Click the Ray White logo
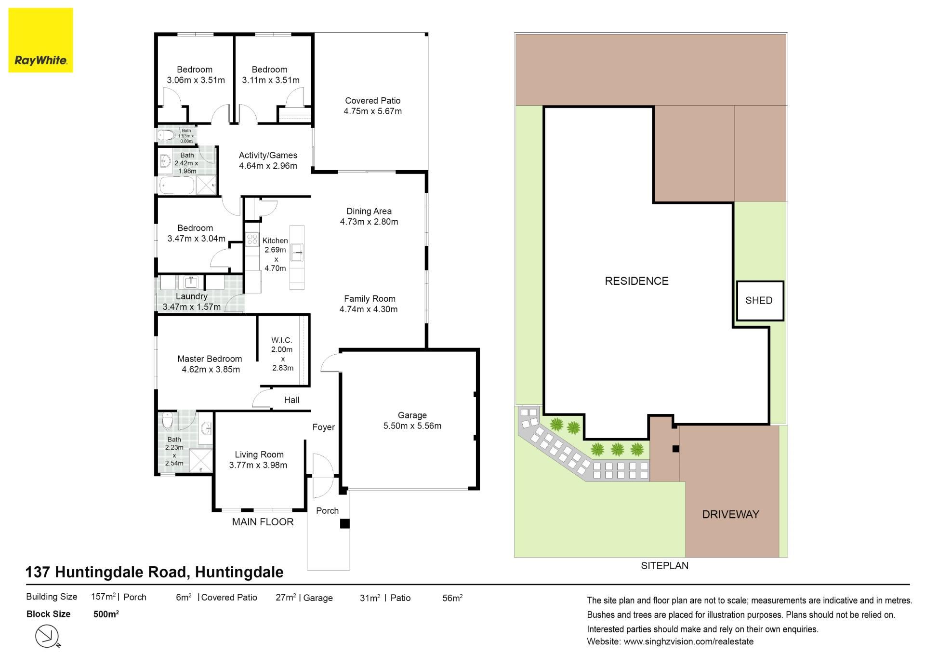pyautogui.click(x=40, y=40)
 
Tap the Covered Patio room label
pyautogui.click(x=373, y=101)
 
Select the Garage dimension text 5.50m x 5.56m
pyautogui.click(x=412, y=426)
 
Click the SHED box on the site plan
pyautogui.click(x=760, y=301)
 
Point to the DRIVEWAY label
pyautogui.click(x=730, y=514)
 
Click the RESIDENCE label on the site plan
pyautogui.click(x=636, y=281)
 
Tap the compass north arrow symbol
pyautogui.click(x=48, y=636)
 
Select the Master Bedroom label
pyautogui.click(x=210, y=359)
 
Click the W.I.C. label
pyautogui.click(x=282, y=340)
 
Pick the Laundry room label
pyautogui.click(x=192, y=296)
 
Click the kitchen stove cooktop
pyautogui.click(x=252, y=239)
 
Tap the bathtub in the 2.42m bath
pyautogui.click(x=177, y=185)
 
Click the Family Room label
pyautogui.click(x=370, y=299)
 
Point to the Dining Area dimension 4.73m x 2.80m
pyautogui.click(x=369, y=222)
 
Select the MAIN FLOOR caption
pyautogui.click(x=263, y=522)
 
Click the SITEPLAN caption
pyautogui.click(x=664, y=566)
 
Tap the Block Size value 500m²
pyautogui.click(x=106, y=614)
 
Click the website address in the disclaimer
pyautogui.click(x=688, y=642)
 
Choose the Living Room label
pyautogui.click(x=259, y=454)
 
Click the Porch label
pyautogui.click(x=327, y=511)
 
